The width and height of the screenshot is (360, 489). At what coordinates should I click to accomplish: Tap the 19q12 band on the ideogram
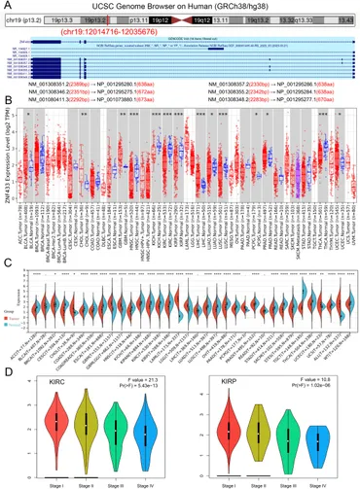tap(228, 18)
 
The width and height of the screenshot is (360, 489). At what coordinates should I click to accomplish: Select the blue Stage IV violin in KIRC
tap(147, 428)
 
